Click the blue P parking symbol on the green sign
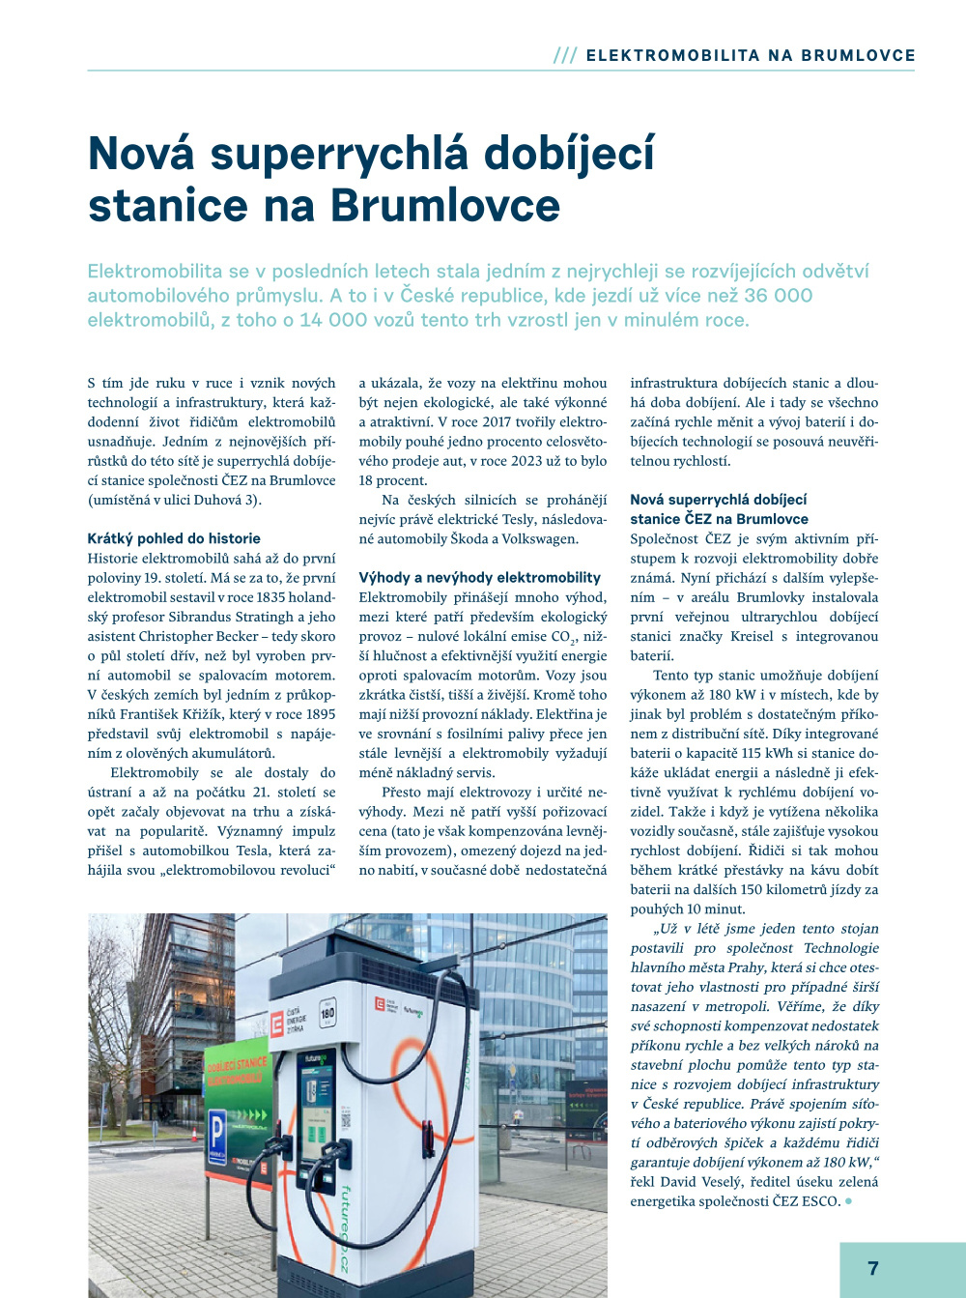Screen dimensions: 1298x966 pos(217,1128)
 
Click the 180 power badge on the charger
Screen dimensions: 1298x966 pos(327,1014)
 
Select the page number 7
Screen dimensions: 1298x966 pos(873,1268)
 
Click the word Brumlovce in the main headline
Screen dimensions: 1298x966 pos(445,205)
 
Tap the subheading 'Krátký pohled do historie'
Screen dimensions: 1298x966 pos(174,538)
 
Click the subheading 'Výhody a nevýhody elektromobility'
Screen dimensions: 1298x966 pos(479,577)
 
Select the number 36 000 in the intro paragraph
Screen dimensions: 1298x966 pos(779,296)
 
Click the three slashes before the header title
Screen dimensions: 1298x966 pos(565,56)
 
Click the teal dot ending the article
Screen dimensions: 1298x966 pos(848,1201)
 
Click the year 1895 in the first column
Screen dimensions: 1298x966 pos(320,714)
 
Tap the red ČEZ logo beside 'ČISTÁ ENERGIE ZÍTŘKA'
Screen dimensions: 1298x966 pos(277,1024)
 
